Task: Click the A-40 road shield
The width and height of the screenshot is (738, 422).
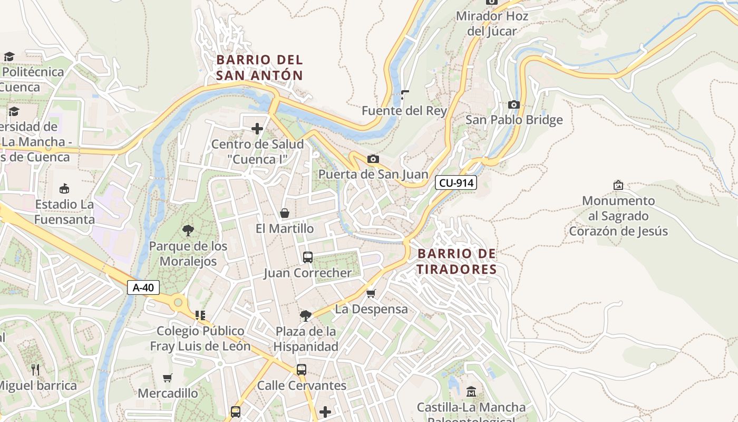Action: [x=143, y=287]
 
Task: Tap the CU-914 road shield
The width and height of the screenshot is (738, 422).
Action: [x=455, y=183]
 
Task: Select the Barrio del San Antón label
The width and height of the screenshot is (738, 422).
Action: [x=259, y=68]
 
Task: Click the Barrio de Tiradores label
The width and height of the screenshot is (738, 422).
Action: [x=457, y=262]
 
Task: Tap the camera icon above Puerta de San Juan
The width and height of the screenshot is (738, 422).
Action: [x=373, y=159]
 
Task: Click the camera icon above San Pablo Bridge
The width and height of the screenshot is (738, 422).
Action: [x=514, y=104]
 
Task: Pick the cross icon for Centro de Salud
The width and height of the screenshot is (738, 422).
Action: [x=257, y=129]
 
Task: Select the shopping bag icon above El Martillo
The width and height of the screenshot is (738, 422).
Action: [x=285, y=213]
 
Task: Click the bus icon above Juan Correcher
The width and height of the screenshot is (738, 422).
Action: [x=308, y=257]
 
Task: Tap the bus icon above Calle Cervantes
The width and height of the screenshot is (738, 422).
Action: [x=302, y=370]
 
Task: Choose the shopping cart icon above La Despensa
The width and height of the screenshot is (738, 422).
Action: [x=371, y=293]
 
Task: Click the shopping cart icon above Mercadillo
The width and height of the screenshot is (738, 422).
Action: [x=168, y=378]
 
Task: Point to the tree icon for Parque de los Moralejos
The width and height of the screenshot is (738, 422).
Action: [x=188, y=231]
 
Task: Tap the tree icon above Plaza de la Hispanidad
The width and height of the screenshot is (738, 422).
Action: [x=305, y=315]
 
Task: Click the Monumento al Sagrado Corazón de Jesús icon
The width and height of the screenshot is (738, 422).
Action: [x=618, y=185]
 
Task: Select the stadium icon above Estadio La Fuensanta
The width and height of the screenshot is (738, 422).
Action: [x=64, y=188]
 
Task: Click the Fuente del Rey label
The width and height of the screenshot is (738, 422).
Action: [x=404, y=111]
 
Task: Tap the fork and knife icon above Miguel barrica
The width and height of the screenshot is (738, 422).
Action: [x=35, y=369]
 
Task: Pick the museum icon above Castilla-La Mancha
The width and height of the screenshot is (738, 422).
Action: [x=471, y=391]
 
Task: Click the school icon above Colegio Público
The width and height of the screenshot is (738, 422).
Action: [x=200, y=315]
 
